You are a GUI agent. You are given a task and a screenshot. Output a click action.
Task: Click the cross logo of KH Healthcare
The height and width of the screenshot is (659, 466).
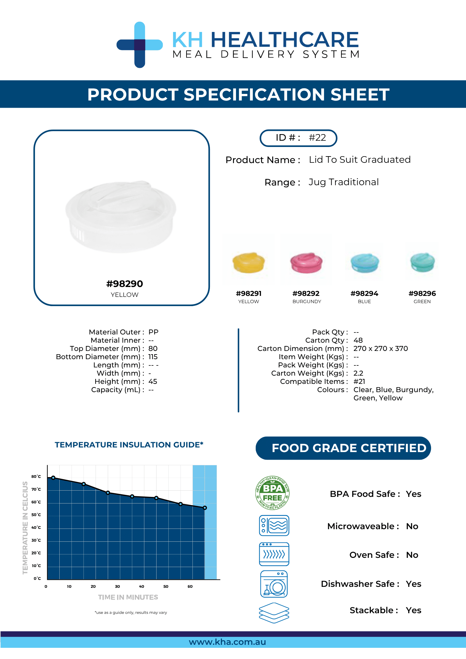pyautogui.click(x=140, y=45)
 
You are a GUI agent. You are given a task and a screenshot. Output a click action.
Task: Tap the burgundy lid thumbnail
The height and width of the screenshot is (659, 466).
pyautogui.click(x=306, y=263)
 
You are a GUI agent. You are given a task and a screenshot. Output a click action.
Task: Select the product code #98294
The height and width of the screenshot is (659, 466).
pyautogui.click(x=364, y=293)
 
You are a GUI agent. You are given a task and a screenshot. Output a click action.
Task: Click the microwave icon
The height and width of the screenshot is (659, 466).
pyautogui.click(x=274, y=526)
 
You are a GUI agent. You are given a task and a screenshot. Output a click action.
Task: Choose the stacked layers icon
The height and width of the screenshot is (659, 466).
pyautogui.click(x=274, y=613)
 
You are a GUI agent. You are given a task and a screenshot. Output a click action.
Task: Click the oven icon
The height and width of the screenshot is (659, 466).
pyautogui.click(x=274, y=554)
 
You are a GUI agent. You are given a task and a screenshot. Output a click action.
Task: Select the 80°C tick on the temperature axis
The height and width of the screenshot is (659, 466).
pyautogui.click(x=36, y=476)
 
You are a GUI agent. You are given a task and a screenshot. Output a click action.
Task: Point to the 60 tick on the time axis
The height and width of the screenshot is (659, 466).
pyautogui.click(x=190, y=587)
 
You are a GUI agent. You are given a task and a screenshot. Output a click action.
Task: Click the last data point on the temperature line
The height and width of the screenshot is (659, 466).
pyautogui.click(x=205, y=508)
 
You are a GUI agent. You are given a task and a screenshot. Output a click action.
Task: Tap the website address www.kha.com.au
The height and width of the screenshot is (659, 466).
pyautogui.click(x=227, y=642)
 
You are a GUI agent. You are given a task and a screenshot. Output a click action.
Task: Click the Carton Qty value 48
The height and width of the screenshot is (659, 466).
pyautogui.click(x=358, y=340)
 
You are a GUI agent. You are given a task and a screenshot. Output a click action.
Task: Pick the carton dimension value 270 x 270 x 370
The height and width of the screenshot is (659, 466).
pyautogui.click(x=381, y=349)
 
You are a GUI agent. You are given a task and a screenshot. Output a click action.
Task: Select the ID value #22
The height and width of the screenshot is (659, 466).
pyautogui.click(x=317, y=137)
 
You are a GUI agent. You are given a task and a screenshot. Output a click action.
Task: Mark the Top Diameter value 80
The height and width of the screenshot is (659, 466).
pyautogui.click(x=153, y=349)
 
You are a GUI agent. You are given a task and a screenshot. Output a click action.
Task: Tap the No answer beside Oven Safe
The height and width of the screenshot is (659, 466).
pyautogui.click(x=412, y=555)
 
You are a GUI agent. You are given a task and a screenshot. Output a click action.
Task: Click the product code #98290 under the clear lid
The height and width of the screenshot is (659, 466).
pyautogui.click(x=125, y=284)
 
